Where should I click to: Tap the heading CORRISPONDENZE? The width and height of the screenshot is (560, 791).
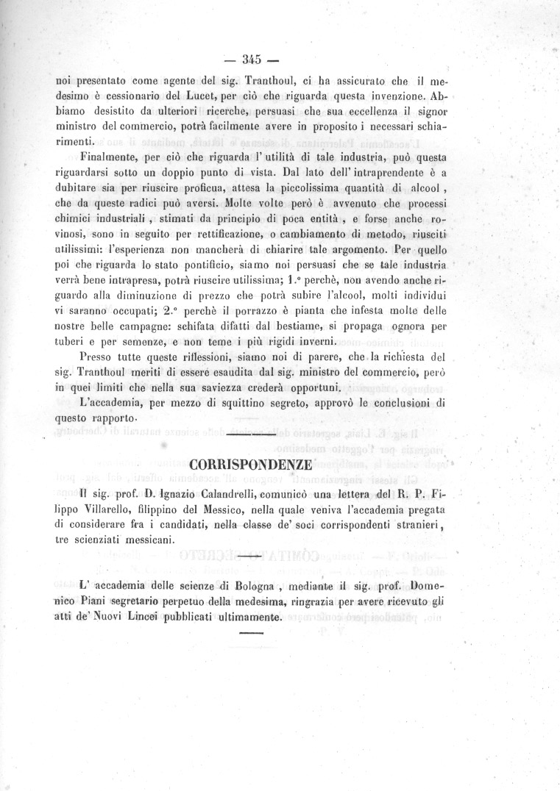[250, 465]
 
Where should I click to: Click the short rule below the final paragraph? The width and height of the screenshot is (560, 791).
[250, 632]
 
